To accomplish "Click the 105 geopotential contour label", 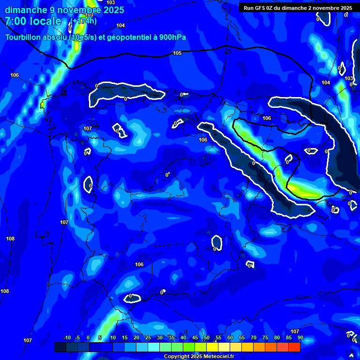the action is (x=177, y=53).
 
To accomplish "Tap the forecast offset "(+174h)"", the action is (x=84, y=21).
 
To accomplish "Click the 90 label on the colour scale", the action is (x=300, y=337).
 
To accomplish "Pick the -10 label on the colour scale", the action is (x=67, y=337).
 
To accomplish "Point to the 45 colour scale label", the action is (x=195, y=337).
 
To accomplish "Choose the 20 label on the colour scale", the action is (x=136, y=337).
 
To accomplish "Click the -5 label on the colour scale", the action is (x=77, y=337).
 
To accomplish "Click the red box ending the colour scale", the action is (x=294, y=347).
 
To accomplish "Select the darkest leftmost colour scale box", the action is (x=60, y=347).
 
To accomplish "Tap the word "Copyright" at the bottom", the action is (x=178, y=357).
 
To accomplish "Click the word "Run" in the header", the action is (x=249, y=8).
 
